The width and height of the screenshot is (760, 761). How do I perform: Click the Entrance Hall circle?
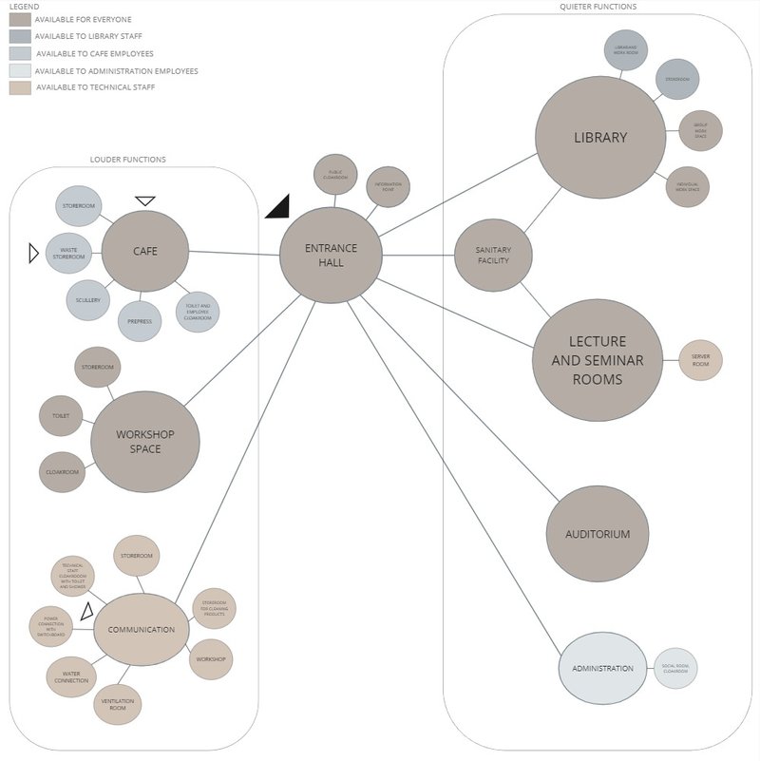tap(331, 255)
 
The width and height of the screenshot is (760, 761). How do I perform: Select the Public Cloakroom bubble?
tap(335, 174)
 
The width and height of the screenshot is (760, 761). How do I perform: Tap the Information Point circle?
tap(388, 186)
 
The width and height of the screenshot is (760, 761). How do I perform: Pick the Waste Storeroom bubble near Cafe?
tap(68, 253)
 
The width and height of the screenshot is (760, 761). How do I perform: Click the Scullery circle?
tap(87, 300)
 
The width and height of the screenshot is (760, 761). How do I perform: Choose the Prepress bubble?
tap(140, 321)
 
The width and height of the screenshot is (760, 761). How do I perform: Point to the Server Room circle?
tap(701, 361)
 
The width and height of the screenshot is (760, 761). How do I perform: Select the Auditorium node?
tap(598, 534)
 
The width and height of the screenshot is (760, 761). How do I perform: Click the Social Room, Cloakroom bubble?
tap(675, 668)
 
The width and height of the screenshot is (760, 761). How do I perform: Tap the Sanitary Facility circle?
tap(493, 255)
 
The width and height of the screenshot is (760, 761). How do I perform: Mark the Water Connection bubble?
tap(70, 677)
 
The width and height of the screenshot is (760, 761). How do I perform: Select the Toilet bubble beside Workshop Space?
tap(61, 415)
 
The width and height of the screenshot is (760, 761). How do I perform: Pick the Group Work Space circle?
tap(700, 130)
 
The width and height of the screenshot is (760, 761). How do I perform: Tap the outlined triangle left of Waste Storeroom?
tap(33, 253)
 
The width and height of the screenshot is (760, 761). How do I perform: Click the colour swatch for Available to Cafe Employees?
tap(20, 53)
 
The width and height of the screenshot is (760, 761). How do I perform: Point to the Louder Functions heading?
tap(127, 160)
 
